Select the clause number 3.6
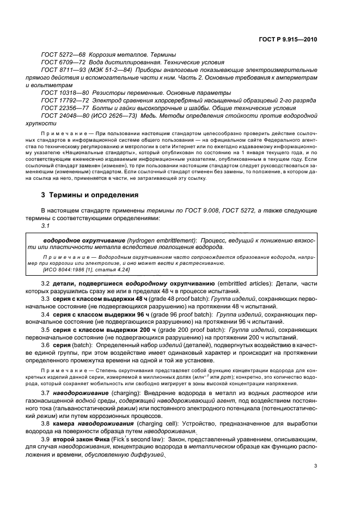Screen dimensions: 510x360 click(46, 345)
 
